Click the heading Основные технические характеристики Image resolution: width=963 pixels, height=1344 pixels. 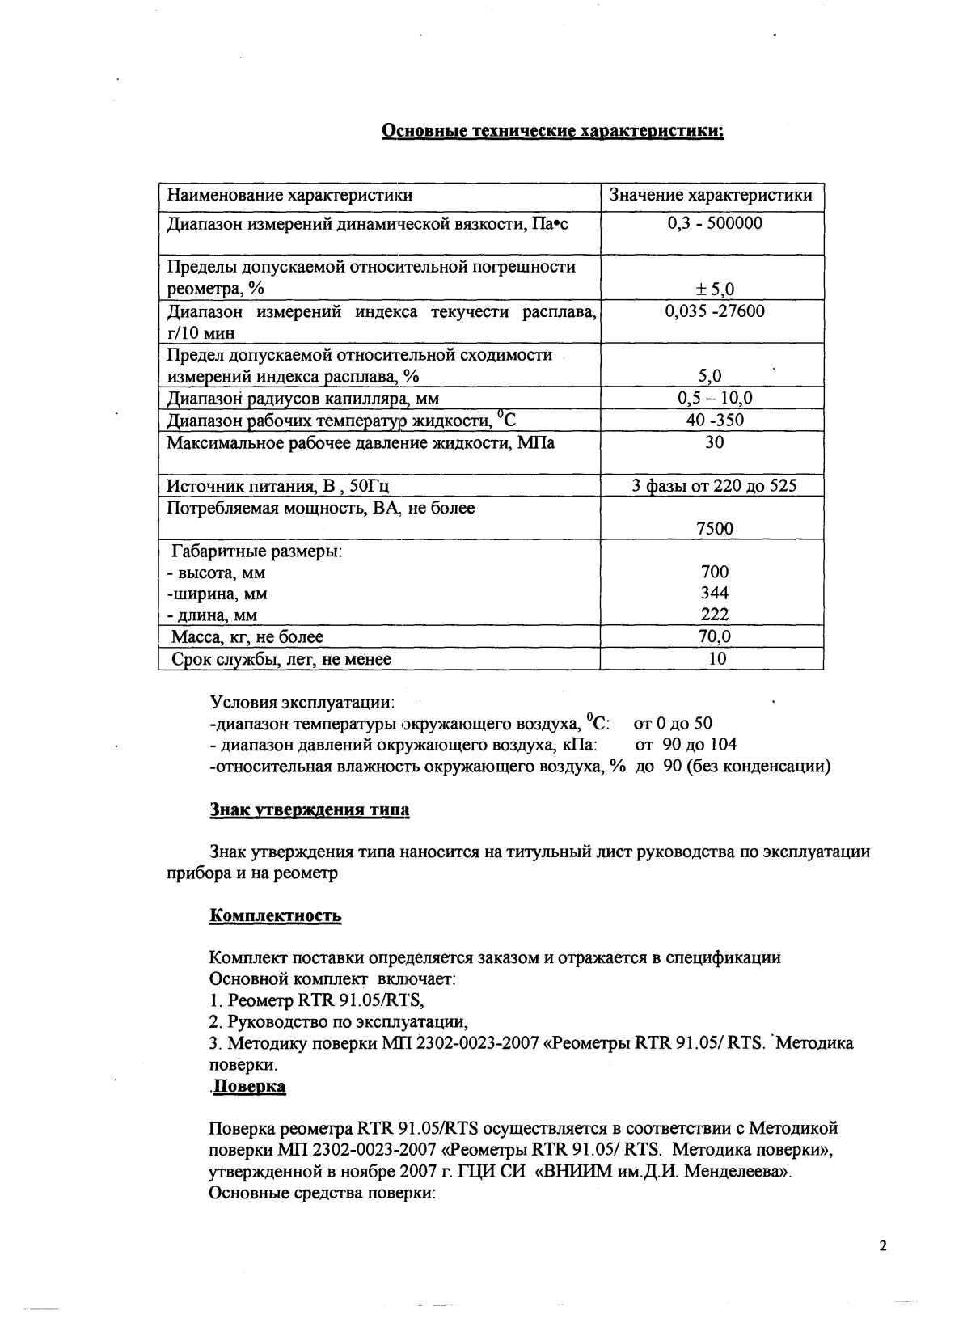tap(552, 131)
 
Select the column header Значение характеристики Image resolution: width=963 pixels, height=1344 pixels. tap(710, 196)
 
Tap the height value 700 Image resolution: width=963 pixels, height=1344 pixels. tap(715, 573)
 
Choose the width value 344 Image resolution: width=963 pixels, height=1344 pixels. tap(715, 594)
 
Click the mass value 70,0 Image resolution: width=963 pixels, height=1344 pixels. tap(715, 636)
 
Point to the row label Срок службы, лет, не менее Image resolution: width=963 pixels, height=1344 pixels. tap(281, 659)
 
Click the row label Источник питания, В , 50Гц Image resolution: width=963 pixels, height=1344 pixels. tap(278, 486)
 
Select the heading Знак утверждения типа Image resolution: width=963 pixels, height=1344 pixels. tap(310, 809)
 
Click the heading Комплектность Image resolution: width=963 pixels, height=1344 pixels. tap(275, 916)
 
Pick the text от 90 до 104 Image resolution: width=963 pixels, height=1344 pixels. tap(686, 745)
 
